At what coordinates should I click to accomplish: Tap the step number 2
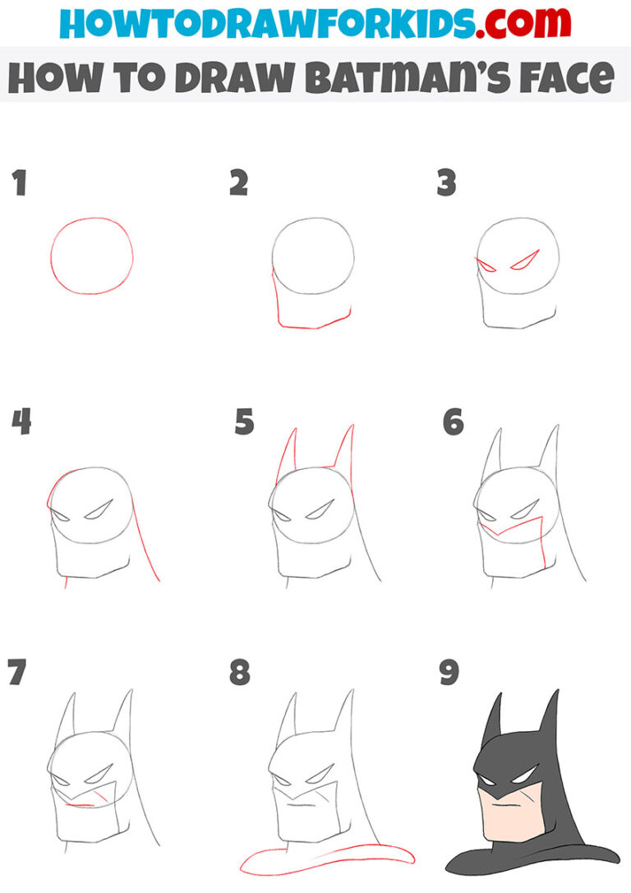(238, 183)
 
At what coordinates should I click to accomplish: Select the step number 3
(446, 183)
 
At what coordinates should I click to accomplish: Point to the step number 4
(21, 423)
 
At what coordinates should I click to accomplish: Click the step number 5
(244, 423)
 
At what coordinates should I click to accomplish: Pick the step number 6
(453, 423)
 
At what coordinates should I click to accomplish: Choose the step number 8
(239, 672)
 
